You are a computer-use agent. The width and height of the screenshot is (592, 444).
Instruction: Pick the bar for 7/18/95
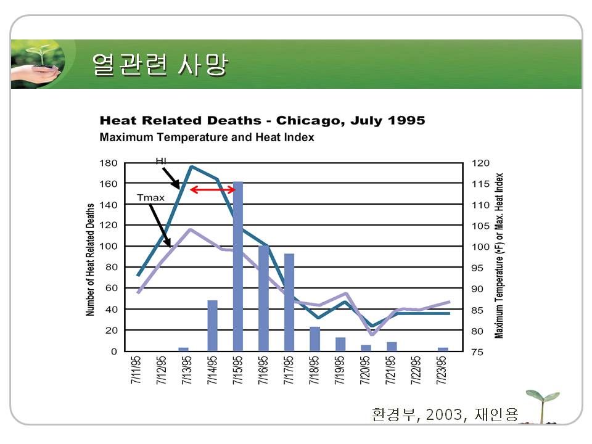[314, 339]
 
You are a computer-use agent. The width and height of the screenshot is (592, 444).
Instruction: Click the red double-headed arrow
[213, 189]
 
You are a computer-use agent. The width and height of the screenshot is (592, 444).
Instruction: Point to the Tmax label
[150, 198]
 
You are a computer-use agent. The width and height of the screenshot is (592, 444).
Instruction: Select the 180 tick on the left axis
[109, 163]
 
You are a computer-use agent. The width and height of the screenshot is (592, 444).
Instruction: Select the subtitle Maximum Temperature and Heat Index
[207, 138]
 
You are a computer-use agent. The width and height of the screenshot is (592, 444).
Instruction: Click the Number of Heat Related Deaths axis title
[91, 260]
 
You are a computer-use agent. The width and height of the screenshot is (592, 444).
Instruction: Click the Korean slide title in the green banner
[159, 65]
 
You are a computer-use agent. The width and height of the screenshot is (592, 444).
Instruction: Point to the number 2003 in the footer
[443, 414]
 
